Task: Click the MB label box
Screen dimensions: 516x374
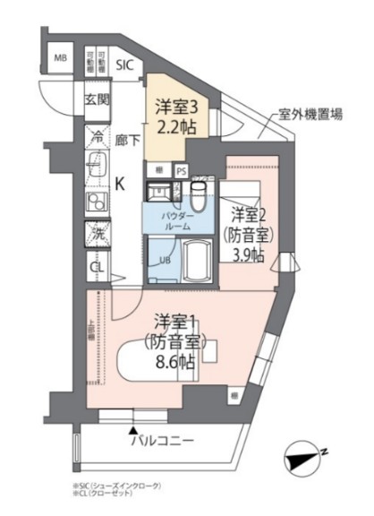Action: [x=61, y=60]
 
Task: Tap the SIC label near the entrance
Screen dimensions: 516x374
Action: [x=125, y=64]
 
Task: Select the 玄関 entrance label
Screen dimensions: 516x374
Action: [x=96, y=99]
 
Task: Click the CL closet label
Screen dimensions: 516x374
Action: [x=95, y=266]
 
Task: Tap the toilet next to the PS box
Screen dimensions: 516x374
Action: [x=200, y=192]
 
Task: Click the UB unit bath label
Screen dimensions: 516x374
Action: [x=164, y=260]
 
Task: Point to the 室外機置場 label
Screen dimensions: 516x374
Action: [x=310, y=115]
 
